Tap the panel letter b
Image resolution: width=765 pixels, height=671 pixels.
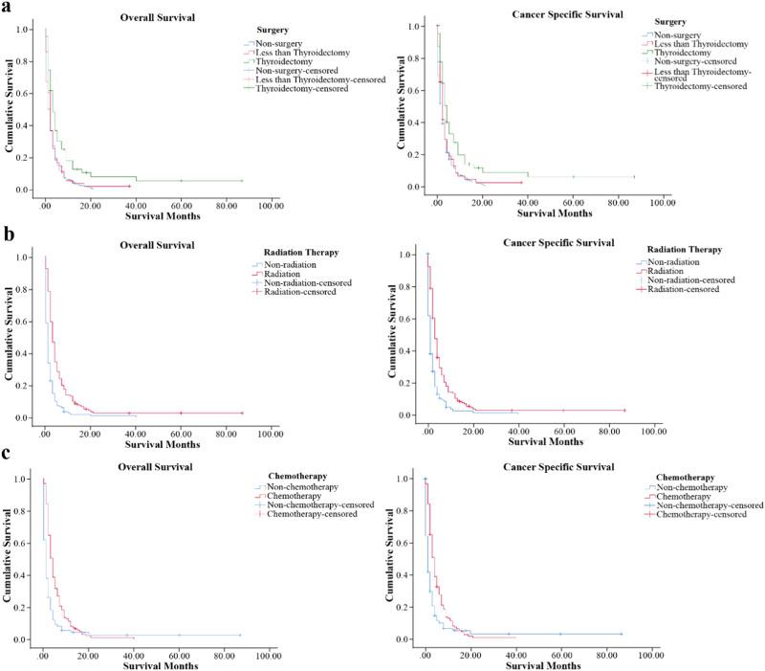click(8, 235)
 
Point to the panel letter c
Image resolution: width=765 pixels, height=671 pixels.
click(8, 454)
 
